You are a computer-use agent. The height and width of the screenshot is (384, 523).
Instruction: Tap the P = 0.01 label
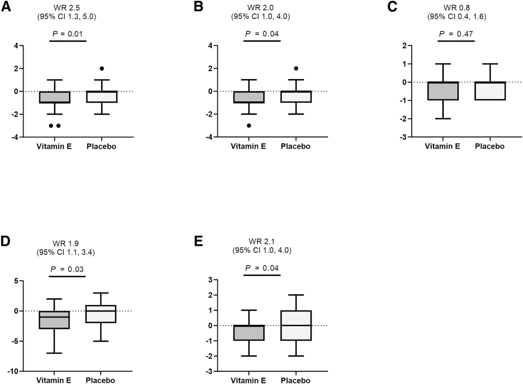coord(68,34)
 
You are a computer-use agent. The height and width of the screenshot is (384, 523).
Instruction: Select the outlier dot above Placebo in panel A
coord(102,68)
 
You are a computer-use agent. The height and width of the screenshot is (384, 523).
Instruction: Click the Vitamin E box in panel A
coord(54,97)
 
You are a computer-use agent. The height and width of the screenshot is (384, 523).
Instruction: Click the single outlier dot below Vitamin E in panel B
coord(248,125)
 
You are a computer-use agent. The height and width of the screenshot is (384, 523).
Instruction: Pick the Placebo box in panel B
coord(296,97)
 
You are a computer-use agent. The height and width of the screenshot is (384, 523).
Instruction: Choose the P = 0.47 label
coord(457,34)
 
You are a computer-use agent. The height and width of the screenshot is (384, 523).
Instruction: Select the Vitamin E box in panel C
coord(442,91)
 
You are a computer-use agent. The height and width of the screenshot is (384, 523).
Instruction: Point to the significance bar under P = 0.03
coord(67,276)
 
